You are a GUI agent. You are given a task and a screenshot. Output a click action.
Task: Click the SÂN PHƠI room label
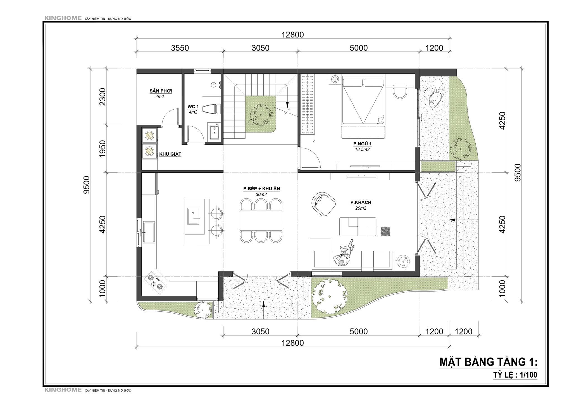[x=161, y=91]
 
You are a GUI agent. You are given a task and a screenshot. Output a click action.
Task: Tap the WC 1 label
[x=193, y=107]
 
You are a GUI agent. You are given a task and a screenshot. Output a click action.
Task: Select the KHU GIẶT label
[x=170, y=154]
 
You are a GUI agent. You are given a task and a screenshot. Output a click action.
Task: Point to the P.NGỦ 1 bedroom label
[x=363, y=144]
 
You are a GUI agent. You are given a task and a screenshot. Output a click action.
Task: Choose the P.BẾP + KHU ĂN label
[x=261, y=189]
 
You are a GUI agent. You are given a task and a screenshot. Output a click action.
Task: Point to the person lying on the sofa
[x=344, y=253]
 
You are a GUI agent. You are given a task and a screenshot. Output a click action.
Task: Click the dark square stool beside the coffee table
[x=386, y=231]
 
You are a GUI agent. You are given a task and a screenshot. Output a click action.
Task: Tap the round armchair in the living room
[x=323, y=204]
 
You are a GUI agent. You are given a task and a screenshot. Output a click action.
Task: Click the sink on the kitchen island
[x=193, y=216]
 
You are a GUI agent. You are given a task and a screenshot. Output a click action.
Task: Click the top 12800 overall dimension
[x=292, y=35]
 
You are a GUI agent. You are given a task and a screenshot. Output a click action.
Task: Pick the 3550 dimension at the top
[x=180, y=48]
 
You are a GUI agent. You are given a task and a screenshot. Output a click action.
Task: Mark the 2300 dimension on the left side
[x=103, y=96]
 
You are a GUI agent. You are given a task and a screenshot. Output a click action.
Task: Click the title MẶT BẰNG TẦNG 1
[x=488, y=362]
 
